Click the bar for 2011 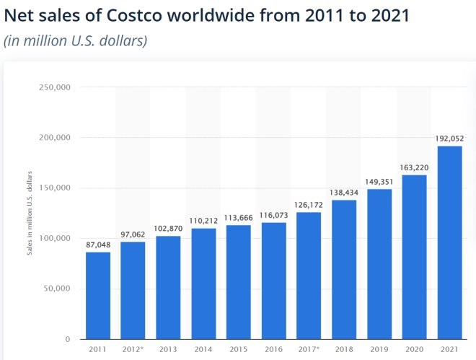coord(97,295)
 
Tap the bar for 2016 coord(273,281)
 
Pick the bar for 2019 coord(379,264)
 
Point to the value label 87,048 coord(97,245)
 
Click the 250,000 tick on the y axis coord(55,87)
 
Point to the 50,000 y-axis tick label coord(57,289)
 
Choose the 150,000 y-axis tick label coord(55,188)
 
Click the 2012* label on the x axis coord(133,350)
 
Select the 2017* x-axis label coord(309,350)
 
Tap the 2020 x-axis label coord(415,350)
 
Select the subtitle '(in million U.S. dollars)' coord(76,40)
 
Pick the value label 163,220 coord(415,168)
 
